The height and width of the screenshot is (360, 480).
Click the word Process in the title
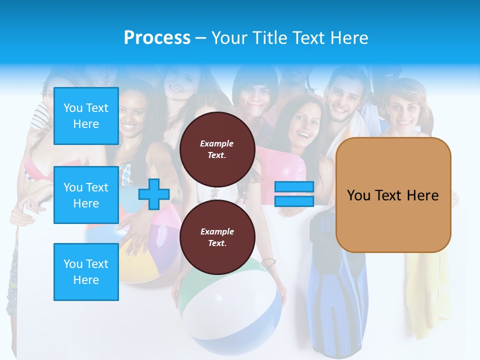pos(157,38)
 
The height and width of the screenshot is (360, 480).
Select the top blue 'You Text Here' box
pos(86,116)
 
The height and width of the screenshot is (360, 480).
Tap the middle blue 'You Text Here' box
pos(86,195)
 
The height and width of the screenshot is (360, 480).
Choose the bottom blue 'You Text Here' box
pos(86,272)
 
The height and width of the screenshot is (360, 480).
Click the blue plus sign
pos(153,194)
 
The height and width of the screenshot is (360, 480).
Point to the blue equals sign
pos(294,194)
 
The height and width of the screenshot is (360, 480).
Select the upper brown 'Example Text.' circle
pos(217,149)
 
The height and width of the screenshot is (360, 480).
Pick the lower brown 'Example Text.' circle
pos(217,237)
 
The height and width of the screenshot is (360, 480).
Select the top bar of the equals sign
pos(294,187)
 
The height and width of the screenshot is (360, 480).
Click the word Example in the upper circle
pos(217,144)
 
